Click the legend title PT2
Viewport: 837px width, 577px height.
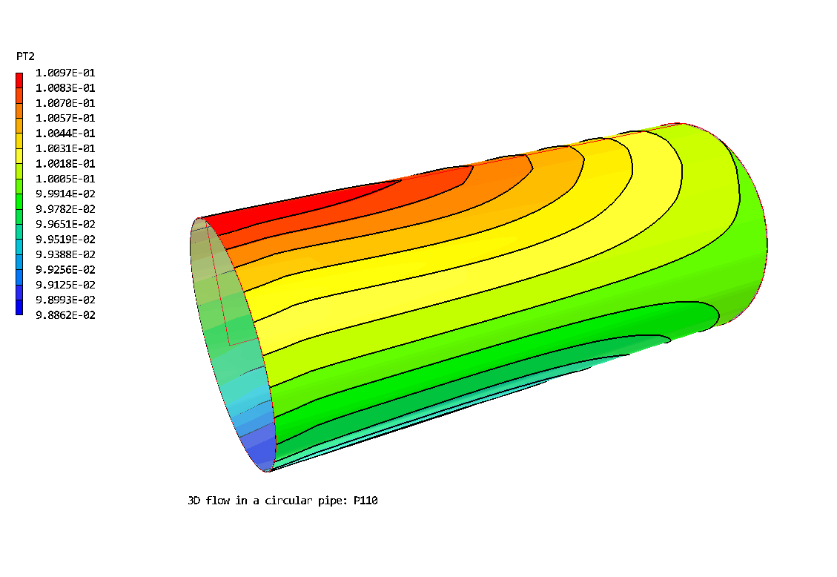[26, 56]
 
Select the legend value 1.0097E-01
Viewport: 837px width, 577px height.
[65, 73]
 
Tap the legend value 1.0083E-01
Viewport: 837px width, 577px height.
[65, 88]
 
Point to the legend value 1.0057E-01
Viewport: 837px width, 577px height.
[65, 118]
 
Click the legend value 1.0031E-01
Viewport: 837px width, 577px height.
[65, 148]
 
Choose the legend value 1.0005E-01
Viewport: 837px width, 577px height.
[65, 179]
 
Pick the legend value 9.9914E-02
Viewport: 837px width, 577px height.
[65, 194]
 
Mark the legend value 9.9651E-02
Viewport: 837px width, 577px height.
[65, 224]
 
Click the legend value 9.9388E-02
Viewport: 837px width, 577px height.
[65, 254]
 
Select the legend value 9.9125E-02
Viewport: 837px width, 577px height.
[65, 285]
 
